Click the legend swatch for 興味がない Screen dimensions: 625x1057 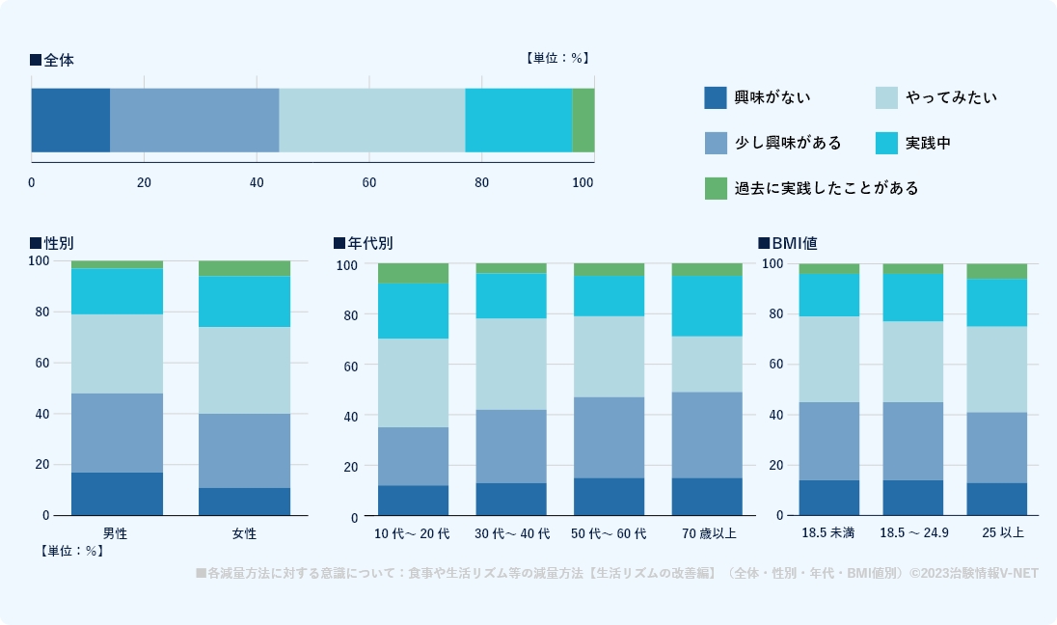click(715, 97)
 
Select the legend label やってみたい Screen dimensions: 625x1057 click(951, 97)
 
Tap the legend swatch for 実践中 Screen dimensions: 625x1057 click(886, 143)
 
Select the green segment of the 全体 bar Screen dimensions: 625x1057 click(583, 121)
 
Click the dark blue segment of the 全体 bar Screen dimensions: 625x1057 click(70, 121)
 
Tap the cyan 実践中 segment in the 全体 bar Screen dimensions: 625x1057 click(519, 121)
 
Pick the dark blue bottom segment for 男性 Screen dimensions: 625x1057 click(117, 494)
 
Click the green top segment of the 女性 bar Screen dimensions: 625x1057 click(244, 268)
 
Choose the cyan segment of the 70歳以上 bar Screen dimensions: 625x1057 click(707, 306)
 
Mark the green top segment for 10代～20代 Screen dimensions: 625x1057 click(413, 273)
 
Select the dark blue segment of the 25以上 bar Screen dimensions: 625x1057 click(996, 499)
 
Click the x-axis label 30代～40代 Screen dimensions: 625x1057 click(511, 533)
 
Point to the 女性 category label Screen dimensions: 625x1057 click(244, 532)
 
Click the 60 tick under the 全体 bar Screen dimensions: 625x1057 click(369, 182)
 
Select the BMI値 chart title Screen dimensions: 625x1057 click(794, 243)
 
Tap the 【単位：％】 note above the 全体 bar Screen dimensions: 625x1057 click(556, 58)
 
